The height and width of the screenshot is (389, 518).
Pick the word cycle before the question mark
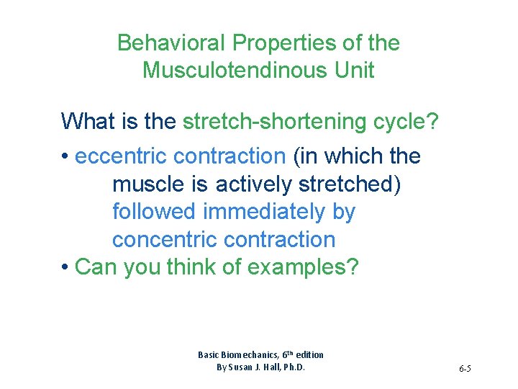tap(399, 122)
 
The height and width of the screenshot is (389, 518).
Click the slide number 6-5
tap(464, 370)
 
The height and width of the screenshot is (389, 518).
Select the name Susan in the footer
tap(241, 367)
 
